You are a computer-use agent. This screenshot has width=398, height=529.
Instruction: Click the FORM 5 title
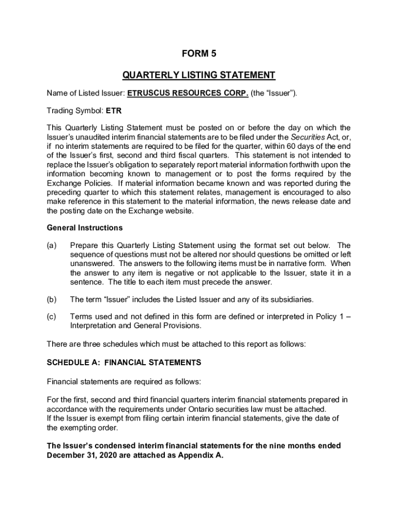(198, 53)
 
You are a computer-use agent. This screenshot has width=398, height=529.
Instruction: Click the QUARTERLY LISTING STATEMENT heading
(198, 75)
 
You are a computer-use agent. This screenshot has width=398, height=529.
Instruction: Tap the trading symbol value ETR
(114, 111)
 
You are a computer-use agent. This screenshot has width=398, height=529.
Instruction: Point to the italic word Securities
(307, 137)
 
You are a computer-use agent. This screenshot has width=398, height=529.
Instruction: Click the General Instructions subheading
(85, 228)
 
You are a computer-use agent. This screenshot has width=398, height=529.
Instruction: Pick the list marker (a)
(52, 245)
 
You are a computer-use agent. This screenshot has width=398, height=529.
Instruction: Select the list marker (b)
(52, 300)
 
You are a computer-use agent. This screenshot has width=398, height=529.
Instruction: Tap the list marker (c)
(52, 317)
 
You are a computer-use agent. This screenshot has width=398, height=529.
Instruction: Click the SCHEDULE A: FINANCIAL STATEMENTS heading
(124, 363)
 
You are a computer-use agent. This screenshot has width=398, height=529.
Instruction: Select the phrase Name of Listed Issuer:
(85, 94)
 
